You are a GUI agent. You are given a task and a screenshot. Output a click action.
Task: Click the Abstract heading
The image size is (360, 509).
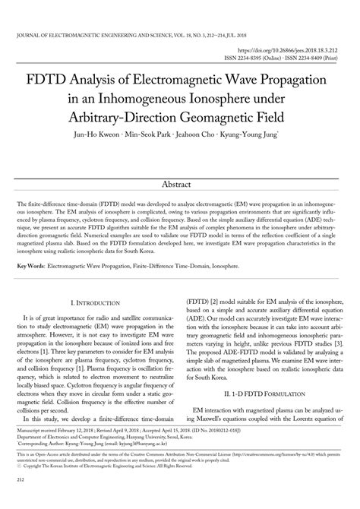click(x=179, y=185)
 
